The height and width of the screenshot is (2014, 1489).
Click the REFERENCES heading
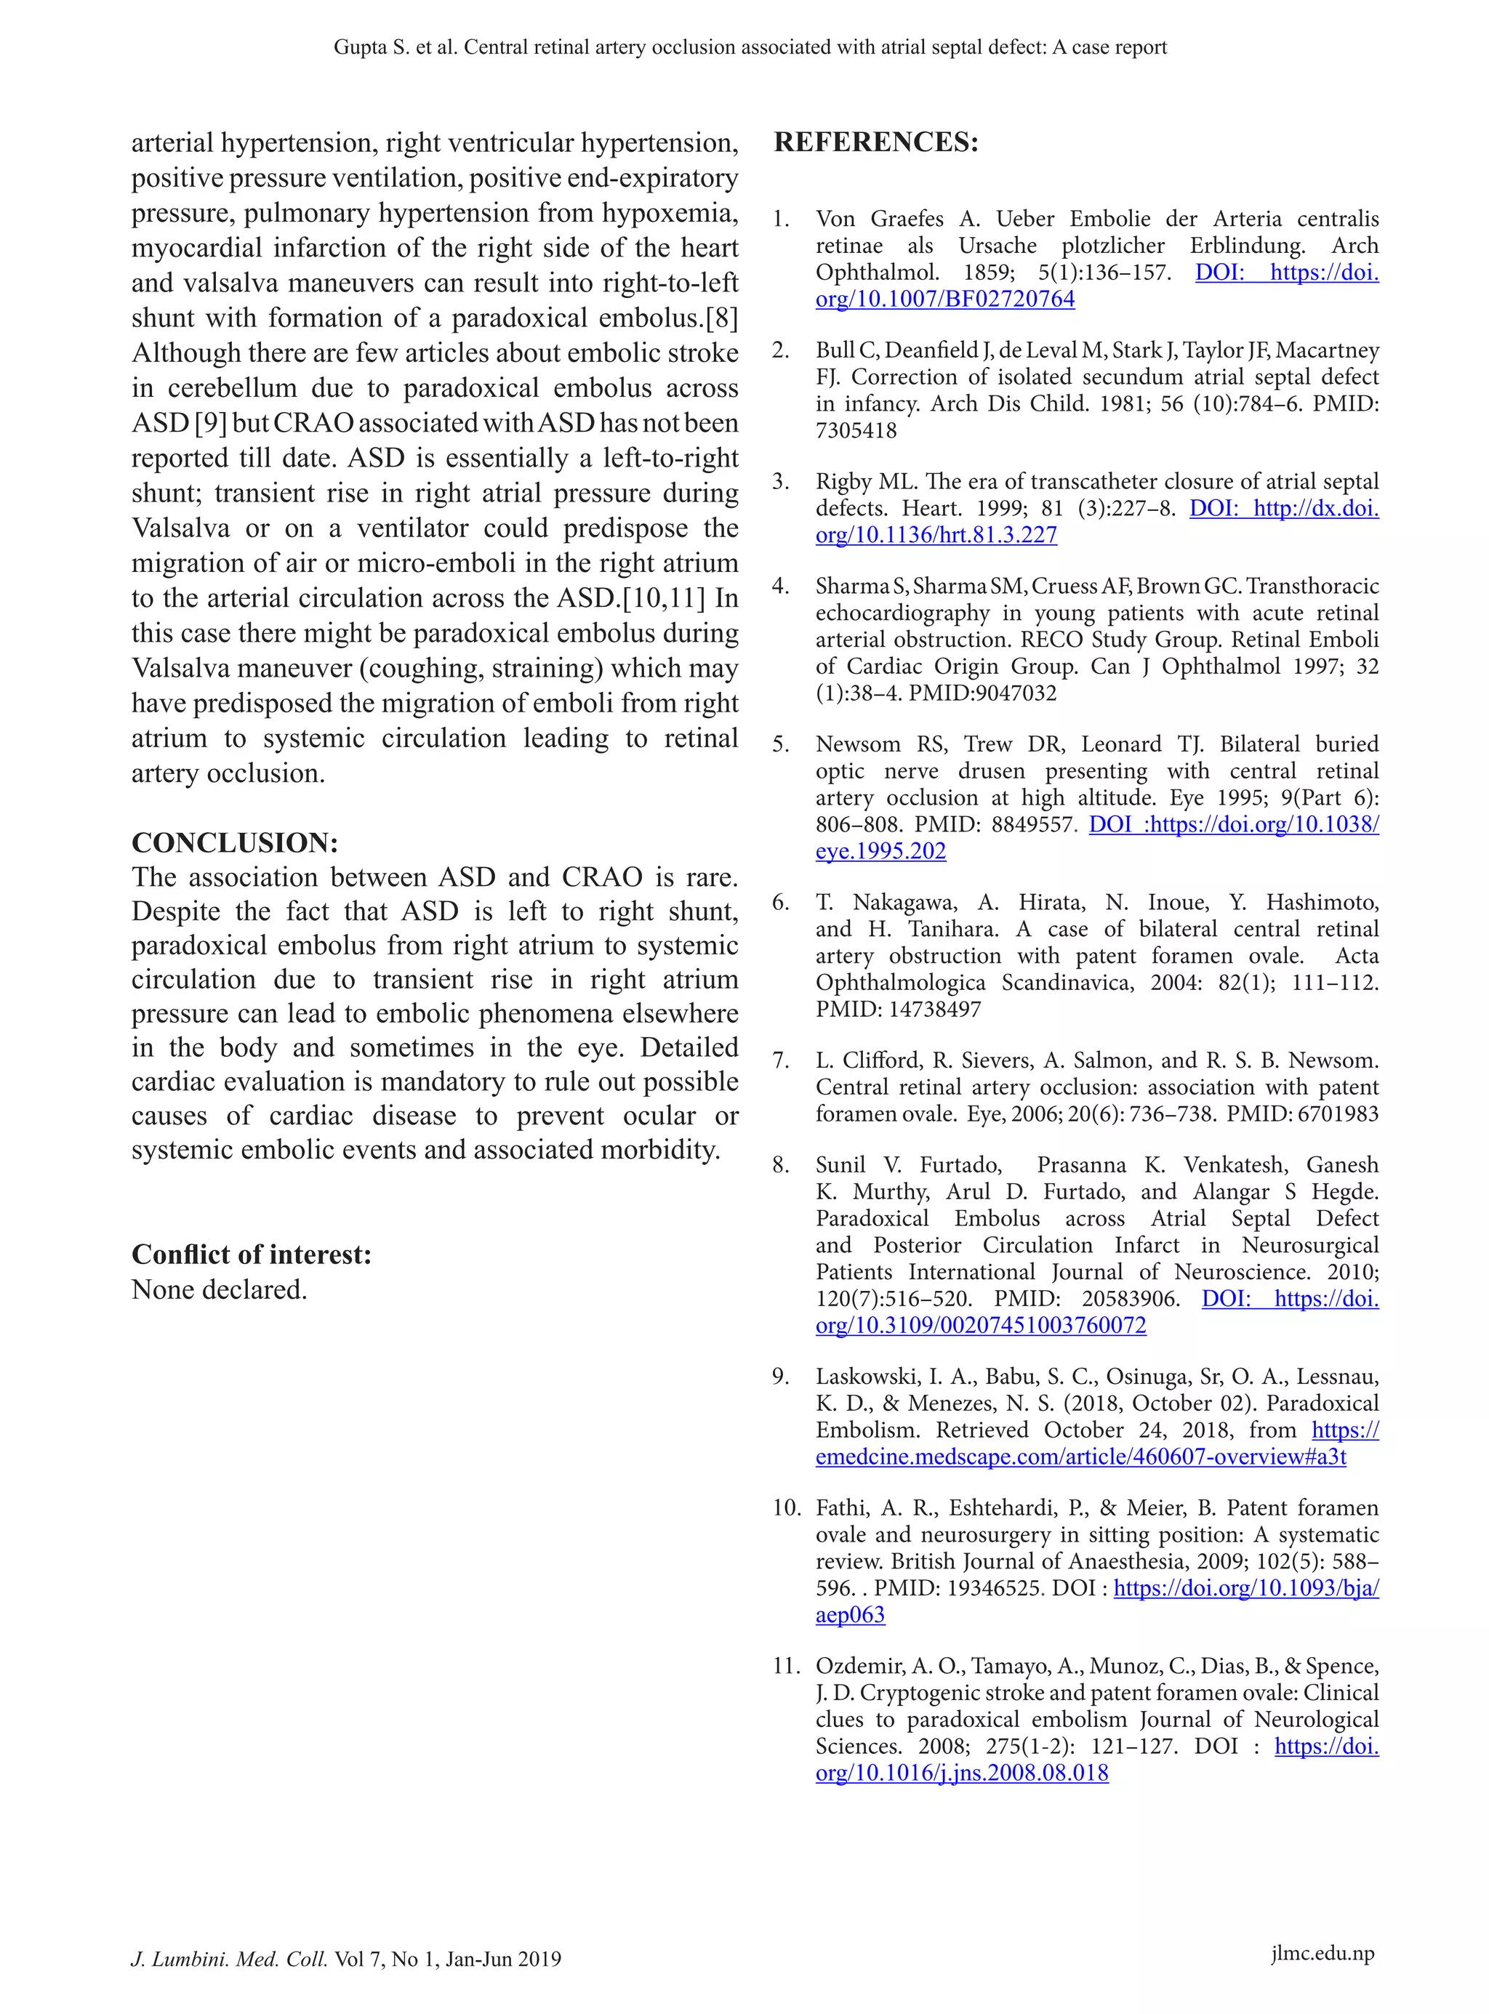(875, 142)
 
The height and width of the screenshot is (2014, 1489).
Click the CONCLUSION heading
(234, 842)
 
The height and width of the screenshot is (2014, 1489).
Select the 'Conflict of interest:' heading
(252, 1254)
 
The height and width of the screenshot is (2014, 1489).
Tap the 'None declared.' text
(219, 1289)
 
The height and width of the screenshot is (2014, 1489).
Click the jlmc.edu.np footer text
(1323, 1953)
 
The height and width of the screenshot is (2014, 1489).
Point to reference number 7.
(781, 1060)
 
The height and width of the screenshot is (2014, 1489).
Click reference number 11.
(786, 1666)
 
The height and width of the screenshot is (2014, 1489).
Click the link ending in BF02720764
(944, 299)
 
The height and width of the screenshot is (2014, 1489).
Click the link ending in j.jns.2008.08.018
(961, 1773)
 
